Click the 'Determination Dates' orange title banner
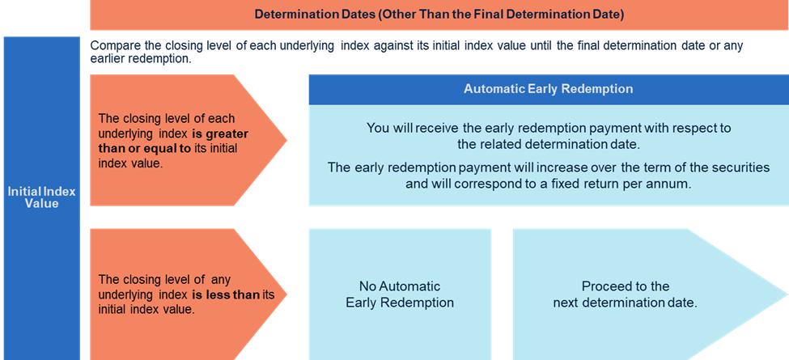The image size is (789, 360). point(439,15)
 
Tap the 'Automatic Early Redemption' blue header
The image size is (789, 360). point(549,89)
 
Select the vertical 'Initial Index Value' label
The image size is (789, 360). point(42,197)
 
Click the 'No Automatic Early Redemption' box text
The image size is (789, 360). point(400,294)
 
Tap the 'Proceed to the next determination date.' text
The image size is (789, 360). point(626,294)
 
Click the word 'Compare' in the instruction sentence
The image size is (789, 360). point(115,46)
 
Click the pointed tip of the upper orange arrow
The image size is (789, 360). point(286,140)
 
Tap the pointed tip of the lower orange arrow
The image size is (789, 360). point(286,294)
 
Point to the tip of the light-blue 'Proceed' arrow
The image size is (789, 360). point(787,294)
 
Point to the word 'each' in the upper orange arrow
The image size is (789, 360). point(223,119)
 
